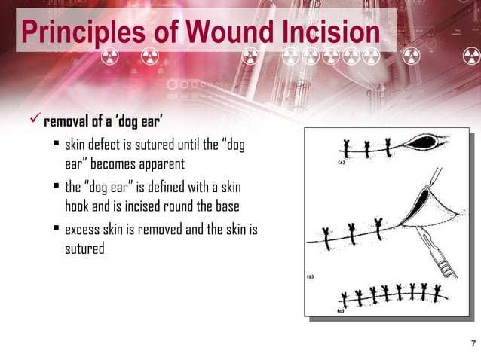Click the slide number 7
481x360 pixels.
pos(472,346)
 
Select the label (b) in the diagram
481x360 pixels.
pos(310,276)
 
